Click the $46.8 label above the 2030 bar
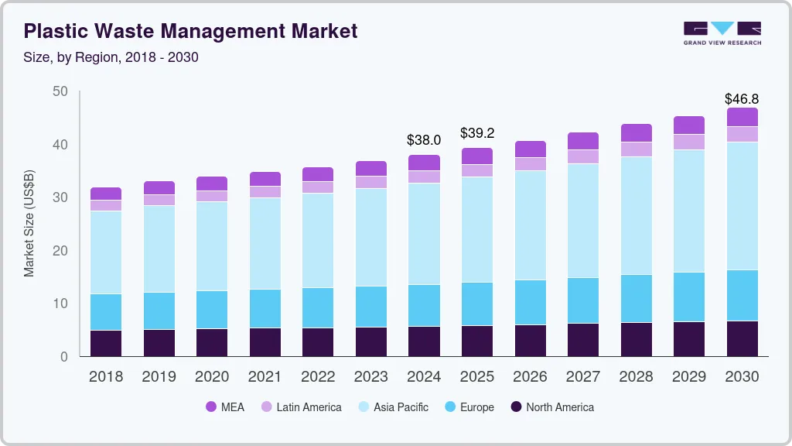[x=742, y=99]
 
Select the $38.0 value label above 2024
[x=424, y=140]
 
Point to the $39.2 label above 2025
[x=477, y=133]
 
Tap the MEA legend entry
[x=225, y=407]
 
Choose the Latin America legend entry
[x=301, y=407]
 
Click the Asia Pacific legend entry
[x=393, y=407]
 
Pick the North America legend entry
[x=552, y=407]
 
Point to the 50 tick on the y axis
[x=60, y=92]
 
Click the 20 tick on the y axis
[x=60, y=251]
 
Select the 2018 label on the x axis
[x=106, y=377]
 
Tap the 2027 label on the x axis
[x=583, y=377]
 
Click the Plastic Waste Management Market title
[x=190, y=32]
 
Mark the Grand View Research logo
[x=722, y=33]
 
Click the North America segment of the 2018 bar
[x=106, y=343]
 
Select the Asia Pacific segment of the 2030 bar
[x=742, y=206]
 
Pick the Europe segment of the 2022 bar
[x=318, y=307]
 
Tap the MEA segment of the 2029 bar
[x=689, y=125]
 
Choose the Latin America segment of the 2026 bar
[x=530, y=164]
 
